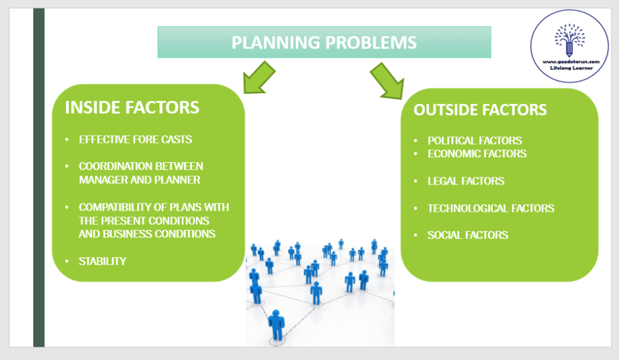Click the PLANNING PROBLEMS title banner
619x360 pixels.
pos(324,42)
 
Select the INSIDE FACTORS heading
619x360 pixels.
pos(132,108)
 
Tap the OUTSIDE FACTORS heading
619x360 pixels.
pos(480,110)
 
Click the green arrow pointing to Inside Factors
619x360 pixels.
pos(256,77)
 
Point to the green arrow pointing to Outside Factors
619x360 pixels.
pos(387,80)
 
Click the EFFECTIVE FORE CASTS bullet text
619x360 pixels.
pos(136,140)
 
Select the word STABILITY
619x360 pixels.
pos(102,261)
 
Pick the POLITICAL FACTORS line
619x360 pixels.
pos(474,140)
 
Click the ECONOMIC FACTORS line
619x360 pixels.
pos(477,154)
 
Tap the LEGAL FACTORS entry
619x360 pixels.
pos(466,181)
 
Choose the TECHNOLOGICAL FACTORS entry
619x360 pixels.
pos(491,208)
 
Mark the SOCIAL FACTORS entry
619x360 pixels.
pos(468,235)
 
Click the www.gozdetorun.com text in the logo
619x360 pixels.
pos(571,61)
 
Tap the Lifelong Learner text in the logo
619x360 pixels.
pos(571,68)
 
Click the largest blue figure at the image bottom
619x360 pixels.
pos(277,325)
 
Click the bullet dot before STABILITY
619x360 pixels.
pos(67,261)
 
